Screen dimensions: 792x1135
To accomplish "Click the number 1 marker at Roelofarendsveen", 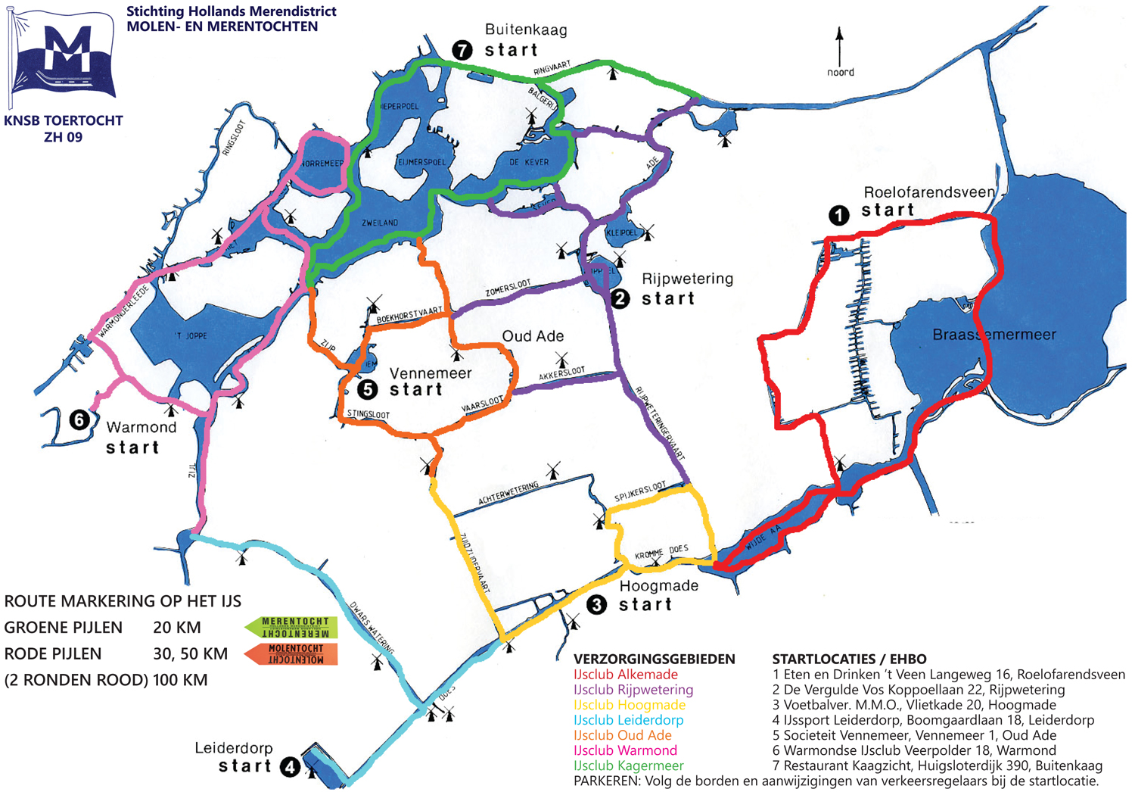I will tap(838, 216).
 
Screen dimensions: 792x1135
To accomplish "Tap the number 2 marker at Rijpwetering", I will tap(620, 298).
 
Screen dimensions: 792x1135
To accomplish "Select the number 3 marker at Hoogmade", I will tap(597, 604).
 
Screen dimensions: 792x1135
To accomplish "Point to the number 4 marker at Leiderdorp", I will tap(291, 767).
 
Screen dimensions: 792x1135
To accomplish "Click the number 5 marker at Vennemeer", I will tap(368, 389).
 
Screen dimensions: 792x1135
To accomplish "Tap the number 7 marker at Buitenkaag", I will tap(462, 50).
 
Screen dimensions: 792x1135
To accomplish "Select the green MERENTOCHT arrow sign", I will tap(291, 627).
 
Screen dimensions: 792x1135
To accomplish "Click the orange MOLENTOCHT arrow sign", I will tap(292, 653).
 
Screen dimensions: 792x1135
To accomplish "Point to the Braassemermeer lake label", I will tap(994, 335).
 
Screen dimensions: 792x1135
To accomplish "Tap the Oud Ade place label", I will tap(533, 336).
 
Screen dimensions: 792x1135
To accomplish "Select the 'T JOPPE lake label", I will tap(191, 335).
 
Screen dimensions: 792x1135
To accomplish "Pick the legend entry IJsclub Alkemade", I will tap(625, 675).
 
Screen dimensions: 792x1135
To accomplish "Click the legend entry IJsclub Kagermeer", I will tap(628, 765).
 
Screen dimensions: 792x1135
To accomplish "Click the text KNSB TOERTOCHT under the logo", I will tap(64, 121).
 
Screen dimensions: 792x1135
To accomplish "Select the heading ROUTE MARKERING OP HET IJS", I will tap(123, 601).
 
